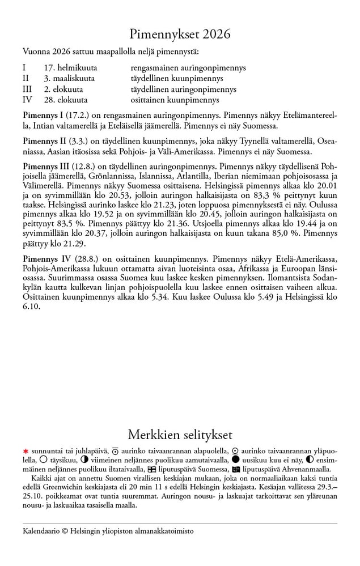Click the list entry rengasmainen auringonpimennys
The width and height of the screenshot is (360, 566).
[x=188, y=67]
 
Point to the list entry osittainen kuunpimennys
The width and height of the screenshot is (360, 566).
[x=175, y=100]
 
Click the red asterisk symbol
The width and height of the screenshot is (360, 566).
[x=26, y=451]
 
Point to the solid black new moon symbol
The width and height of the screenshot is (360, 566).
[x=236, y=459]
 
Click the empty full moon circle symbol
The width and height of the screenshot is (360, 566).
[x=44, y=459]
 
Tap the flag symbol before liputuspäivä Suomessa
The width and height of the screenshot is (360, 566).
[x=151, y=469]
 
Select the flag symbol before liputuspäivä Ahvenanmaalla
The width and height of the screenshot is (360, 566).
[x=236, y=469]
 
